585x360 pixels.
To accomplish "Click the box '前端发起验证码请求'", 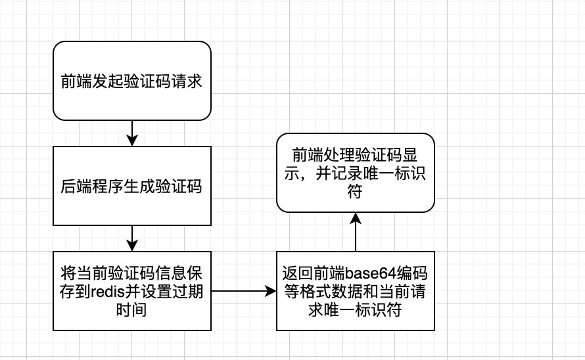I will click(x=131, y=83).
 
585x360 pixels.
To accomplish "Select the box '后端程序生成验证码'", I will click(x=131, y=187).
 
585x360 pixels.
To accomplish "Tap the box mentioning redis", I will click(x=131, y=290).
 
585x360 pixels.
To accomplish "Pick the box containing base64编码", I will click(x=356, y=290).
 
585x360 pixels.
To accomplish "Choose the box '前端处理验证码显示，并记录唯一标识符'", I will click(x=356, y=173).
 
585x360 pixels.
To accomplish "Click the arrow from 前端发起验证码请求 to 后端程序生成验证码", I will click(x=132, y=135).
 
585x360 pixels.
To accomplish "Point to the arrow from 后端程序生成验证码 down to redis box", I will click(x=132, y=238).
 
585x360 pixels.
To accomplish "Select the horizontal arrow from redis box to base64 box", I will click(x=243, y=290).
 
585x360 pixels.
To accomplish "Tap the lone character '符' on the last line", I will click(x=356, y=192).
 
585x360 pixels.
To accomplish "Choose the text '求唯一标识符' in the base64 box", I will click(x=356, y=309).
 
